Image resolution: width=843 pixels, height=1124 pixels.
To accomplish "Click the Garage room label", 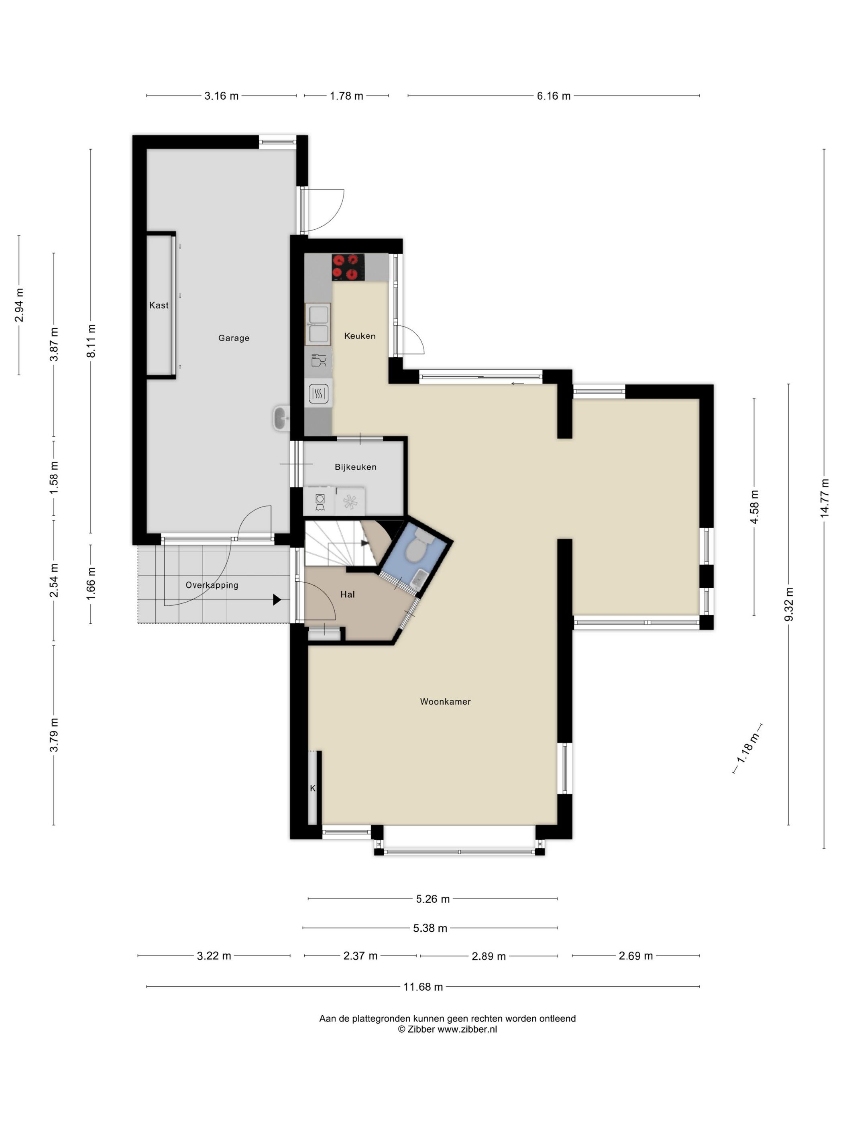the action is click(x=234, y=338).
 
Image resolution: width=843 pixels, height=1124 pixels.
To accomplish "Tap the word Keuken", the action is click(x=360, y=336).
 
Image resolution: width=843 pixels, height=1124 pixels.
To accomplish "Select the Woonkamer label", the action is click(x=445, y=702).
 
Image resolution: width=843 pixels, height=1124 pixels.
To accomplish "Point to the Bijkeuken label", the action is click(x=356, y=467).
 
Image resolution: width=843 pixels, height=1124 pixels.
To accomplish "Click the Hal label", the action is click(x=348, y=594).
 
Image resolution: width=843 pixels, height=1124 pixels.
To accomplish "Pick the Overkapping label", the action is click(x=212, y=585).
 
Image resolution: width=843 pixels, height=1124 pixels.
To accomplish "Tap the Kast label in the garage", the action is click(x=159, y=305).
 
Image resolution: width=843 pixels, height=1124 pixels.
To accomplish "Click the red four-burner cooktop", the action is click(x=348, y=267).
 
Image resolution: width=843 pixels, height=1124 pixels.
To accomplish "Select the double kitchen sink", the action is click(x=318, y=324).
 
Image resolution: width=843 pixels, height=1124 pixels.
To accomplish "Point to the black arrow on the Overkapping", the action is click(x=277, y=600).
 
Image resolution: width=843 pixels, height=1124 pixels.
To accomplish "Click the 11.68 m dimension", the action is click(x=423, y=987).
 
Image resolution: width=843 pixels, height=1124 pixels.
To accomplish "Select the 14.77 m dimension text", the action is click(x=824, y=498).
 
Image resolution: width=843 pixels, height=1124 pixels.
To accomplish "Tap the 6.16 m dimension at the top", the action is click(x=553, y=96).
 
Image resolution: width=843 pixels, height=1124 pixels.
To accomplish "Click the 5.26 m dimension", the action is click(x=432, y=899).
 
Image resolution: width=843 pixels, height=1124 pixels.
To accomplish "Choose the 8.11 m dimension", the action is click(x=92, y=341).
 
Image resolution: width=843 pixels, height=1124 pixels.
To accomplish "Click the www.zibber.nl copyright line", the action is click(x=447, y=1030).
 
